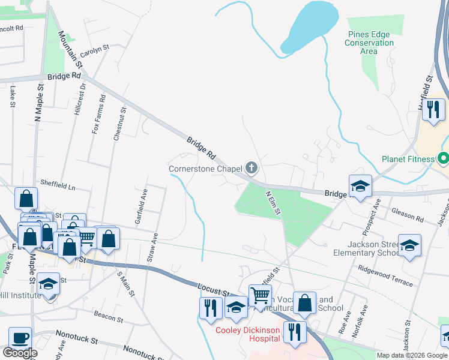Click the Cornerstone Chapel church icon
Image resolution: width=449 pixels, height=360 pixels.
pos(252,168)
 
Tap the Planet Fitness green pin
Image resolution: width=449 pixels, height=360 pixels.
pos(443,159)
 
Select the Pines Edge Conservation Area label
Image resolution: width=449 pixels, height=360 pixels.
pos(369,43)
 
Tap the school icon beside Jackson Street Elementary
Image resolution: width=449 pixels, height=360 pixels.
pos(409,246)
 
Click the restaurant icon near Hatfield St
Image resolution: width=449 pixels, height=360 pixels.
pos(432,110)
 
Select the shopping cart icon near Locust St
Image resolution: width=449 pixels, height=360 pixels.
pos(259,295)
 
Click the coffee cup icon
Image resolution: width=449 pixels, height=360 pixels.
pos(20,338)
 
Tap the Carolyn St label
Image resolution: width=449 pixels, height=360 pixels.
pos(95,52)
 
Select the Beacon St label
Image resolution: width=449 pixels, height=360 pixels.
pos(108,317)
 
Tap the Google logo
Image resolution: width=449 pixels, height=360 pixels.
pos(20,353)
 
